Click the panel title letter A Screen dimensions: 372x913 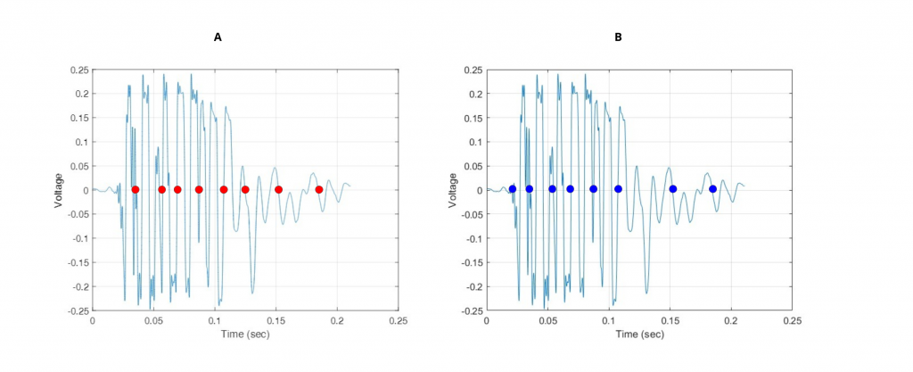coord(218,37)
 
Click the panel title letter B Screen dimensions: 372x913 coord(618,37)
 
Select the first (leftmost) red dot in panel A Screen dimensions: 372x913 coord(136,189)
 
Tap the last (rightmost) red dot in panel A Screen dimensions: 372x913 coord(319,189)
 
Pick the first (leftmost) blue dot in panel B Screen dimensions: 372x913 coord(512,189)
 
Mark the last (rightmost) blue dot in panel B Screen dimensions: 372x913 coord(713,189)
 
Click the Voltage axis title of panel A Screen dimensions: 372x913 coord(59,190)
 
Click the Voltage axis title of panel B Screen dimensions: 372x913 coord(453,190)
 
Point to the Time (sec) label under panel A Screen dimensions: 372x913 coord(245,335)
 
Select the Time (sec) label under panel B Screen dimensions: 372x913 coord(639,335)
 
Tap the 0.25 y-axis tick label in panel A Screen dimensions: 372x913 coord(79,70)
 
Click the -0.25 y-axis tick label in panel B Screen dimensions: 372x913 coord(472,311)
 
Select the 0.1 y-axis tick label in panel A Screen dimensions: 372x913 coord(82,142)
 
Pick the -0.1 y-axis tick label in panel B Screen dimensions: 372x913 coord(474,239)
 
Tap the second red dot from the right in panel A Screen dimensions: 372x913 coord(279,189)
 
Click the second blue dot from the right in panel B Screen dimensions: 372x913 coord(673,189)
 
